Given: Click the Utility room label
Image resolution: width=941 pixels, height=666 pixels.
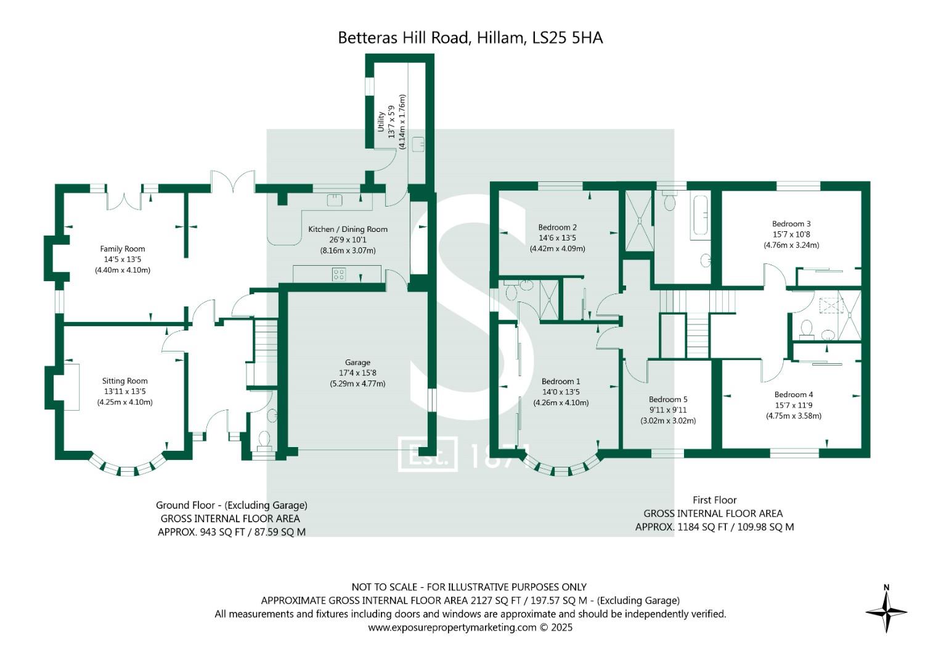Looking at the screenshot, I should tap(381, 121).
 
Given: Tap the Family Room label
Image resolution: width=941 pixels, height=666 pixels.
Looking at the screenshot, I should tap(123, 249).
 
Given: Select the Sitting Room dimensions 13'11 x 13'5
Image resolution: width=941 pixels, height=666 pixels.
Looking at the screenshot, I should tap(124, 392).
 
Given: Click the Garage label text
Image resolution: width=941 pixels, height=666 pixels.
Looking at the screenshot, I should tap(357, 363).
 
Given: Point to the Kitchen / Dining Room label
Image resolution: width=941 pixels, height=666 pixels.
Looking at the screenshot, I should tap(348, 229).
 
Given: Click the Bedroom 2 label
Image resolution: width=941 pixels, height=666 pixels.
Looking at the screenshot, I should tap(557, 228).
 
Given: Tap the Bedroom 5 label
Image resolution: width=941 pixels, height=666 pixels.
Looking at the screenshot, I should tap(668, 400).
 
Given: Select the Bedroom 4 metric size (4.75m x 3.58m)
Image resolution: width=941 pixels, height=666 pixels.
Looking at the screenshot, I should tap(794, 416).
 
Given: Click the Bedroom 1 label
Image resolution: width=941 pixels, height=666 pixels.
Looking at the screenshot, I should tap(561, 382).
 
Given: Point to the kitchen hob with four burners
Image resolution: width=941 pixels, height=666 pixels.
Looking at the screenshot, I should tap(339, 274).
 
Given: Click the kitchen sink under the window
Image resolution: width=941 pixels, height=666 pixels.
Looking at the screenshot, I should tap(335, 199).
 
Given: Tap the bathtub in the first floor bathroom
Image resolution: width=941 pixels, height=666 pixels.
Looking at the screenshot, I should tap(701, 215).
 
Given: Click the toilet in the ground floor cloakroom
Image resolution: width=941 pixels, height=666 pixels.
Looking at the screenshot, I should tap(264, 439).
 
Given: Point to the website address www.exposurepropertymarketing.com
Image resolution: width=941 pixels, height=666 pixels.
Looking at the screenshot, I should tap(452, 628).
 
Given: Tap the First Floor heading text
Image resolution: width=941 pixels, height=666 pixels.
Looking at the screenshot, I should tap(714, 500).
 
